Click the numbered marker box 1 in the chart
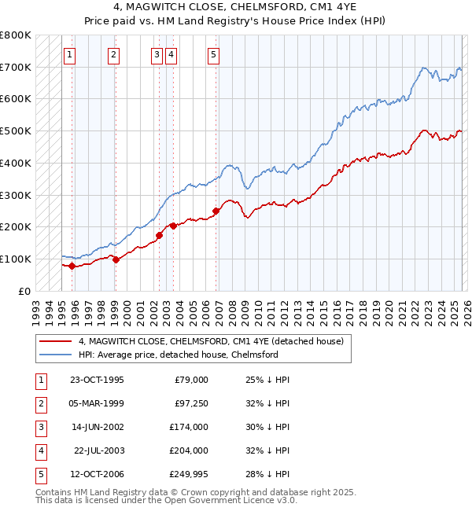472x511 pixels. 70,54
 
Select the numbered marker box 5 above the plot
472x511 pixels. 214,54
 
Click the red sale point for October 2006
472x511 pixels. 216,211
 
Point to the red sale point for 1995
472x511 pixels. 72,266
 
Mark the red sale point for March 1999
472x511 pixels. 116,259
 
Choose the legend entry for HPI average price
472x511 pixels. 179,355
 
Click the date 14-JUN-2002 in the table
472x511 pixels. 97,427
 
